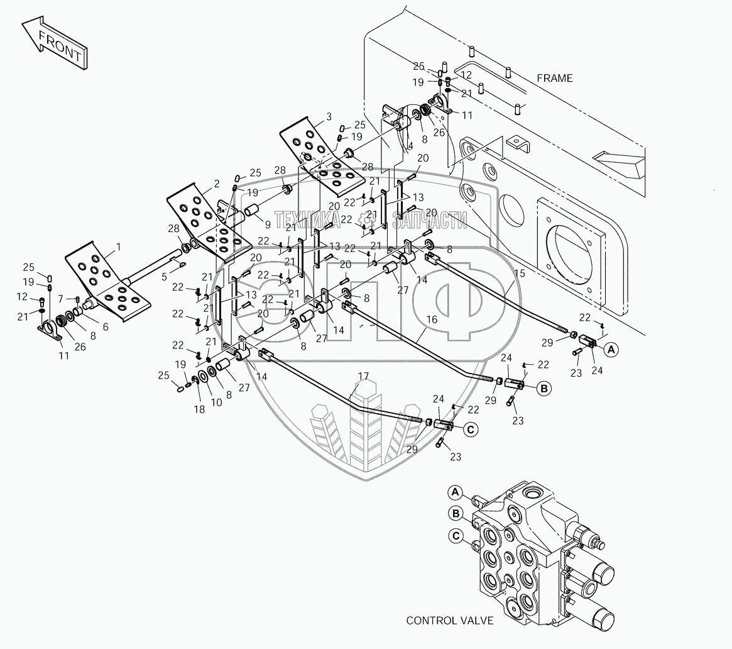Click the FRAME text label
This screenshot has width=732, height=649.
[554, 78]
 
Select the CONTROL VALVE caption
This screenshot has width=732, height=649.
[449, 620]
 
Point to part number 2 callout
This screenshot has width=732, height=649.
[217, 184]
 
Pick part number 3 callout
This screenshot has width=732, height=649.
[329, 117]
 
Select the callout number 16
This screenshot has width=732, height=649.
[432, 319]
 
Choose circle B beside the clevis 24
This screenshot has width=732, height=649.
[544, 389]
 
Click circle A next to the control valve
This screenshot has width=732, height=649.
[456, 492]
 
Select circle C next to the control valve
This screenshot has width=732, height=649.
[456, 536]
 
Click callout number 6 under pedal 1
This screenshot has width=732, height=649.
[105, 326]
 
